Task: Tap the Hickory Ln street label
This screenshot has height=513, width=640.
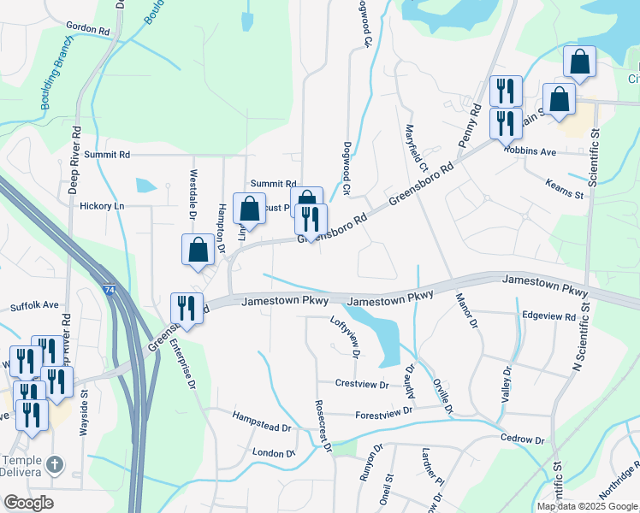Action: (x=102, y=206)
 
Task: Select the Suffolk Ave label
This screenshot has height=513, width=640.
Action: (x=34, y=305)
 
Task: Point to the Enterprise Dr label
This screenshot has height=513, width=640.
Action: (x=186, y=363)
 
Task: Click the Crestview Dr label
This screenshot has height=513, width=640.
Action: (x=362, y=384)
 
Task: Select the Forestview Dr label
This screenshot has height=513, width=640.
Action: (x=384, y=412)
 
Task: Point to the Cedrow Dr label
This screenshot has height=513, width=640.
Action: (x=523, y=440)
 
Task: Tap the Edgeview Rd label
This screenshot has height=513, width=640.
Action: (x=548, y=316)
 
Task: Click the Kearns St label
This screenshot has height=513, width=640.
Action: (x=565, y=190)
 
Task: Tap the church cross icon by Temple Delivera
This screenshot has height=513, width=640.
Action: (x=54, y=465)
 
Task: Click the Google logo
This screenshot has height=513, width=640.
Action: (x=28, y=503)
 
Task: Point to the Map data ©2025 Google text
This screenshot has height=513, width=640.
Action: (x=587, y=506)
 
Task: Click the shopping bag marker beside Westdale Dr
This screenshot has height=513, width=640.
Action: (x=199, y=250)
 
